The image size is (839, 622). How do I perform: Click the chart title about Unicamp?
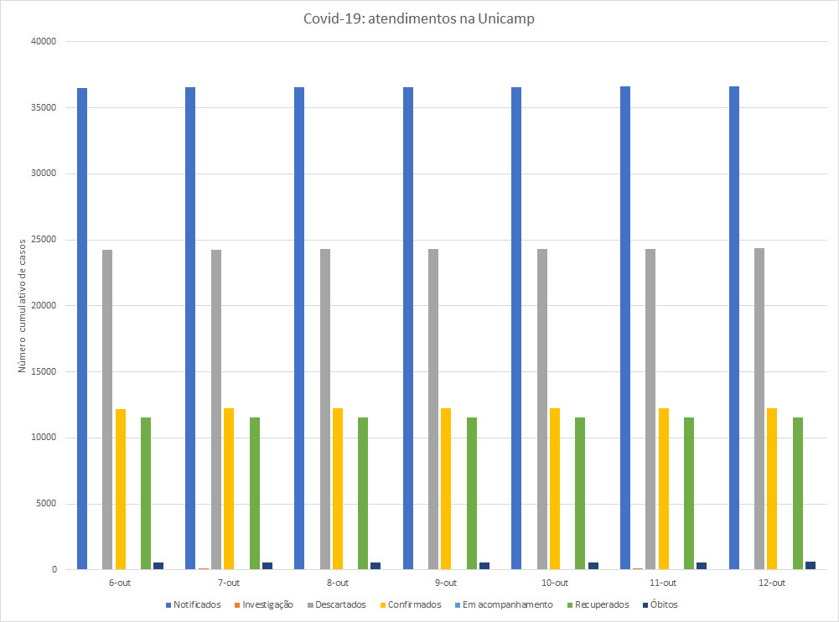pyautogui.click(x=419, y=19)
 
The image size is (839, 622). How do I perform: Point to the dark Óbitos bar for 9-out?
pyautogui.click(x=484, y=566)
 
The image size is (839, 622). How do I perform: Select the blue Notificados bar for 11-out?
pyautogui.click(x=625, y=328)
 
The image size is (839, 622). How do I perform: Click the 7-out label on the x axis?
pyautogui.click(x=228, y=583)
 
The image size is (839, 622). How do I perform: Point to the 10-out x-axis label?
pyautogui.click(x=554, y=583)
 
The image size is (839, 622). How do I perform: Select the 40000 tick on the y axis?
pyautogui.click(x=41, y=42)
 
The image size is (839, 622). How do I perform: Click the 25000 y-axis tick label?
pyautogui.click(x=41, y=240)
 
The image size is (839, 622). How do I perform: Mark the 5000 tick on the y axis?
pyautogui.click(x=44, y=504)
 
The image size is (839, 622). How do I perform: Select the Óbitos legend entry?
pyautogui.click(x=661, y=604)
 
